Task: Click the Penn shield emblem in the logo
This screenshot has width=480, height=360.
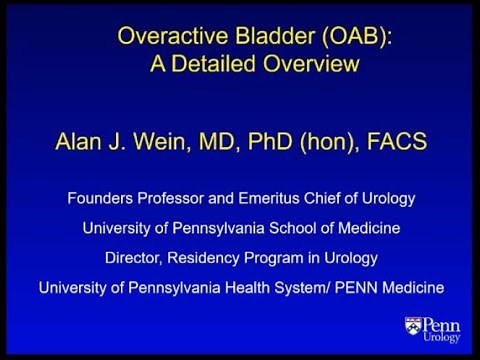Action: tap(412, 327)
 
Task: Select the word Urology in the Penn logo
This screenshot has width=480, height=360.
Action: tap(443, 338)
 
